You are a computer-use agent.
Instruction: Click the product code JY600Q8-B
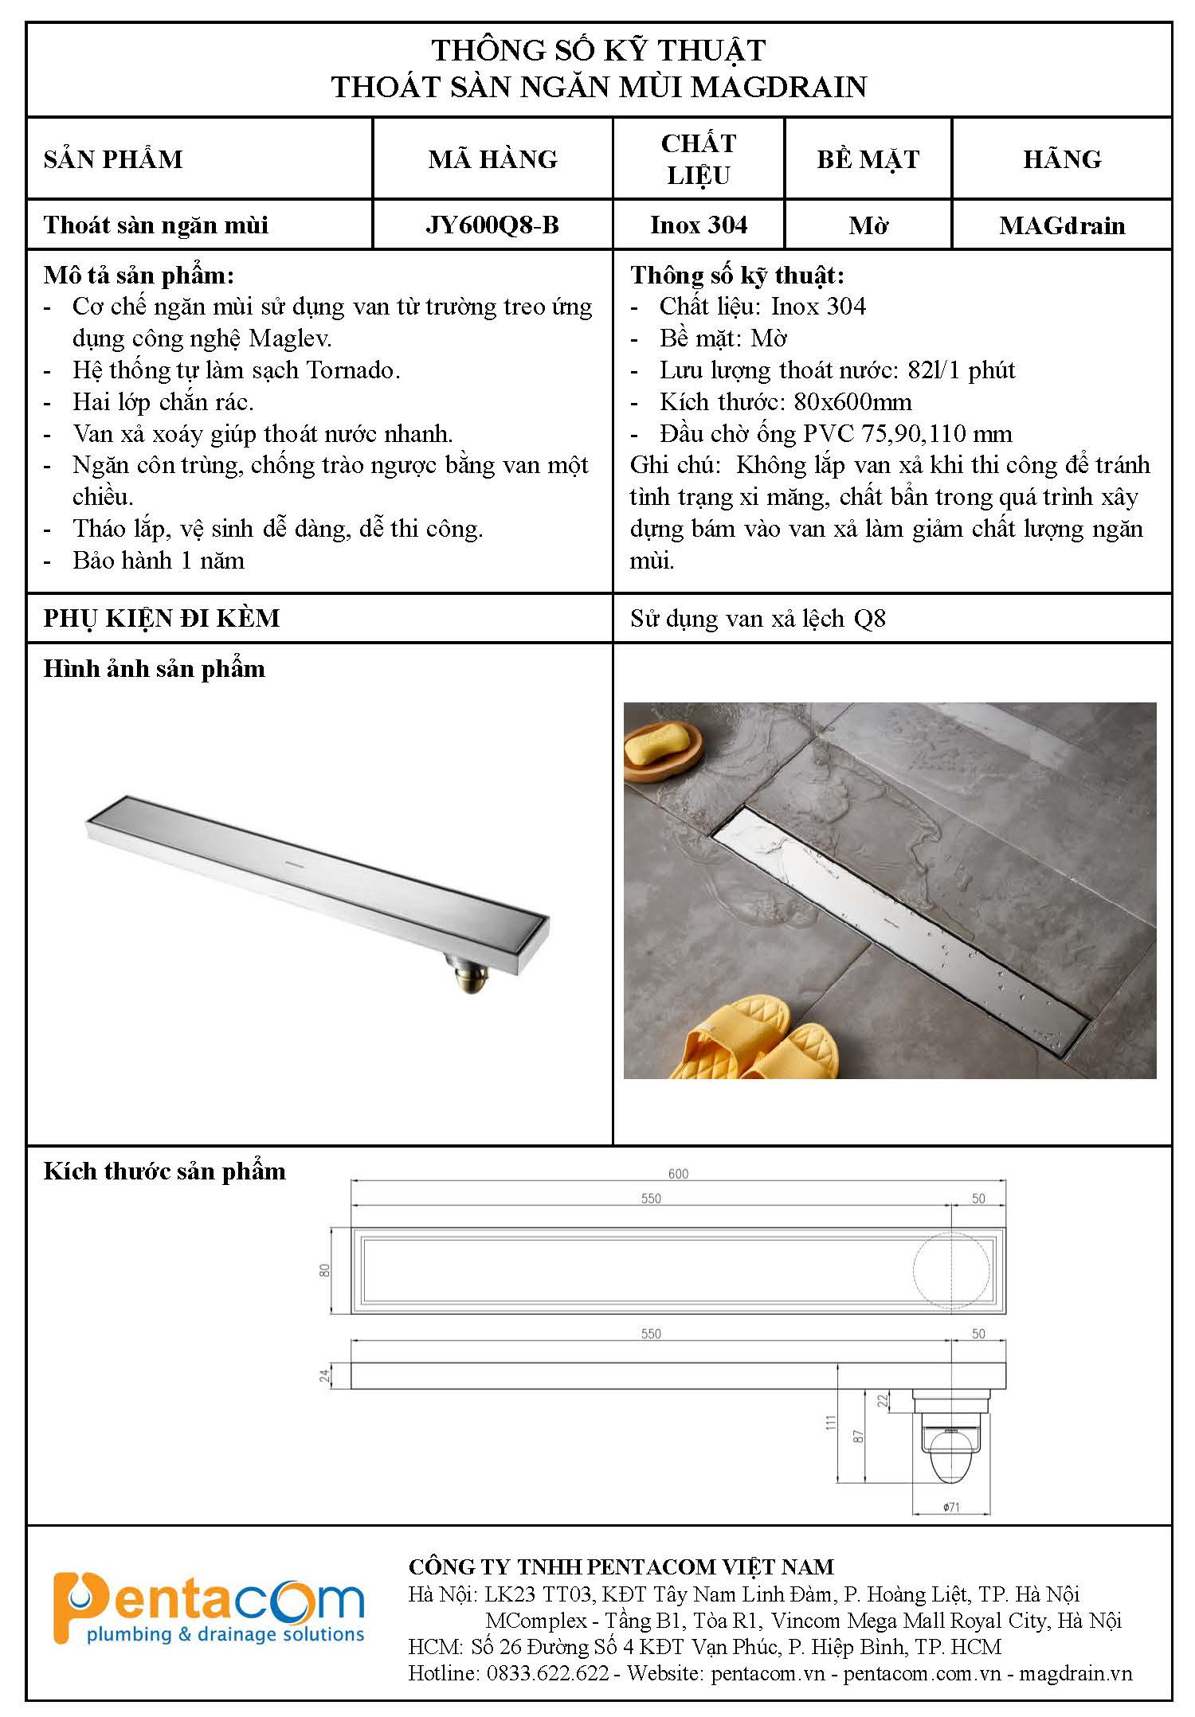coord(492,225)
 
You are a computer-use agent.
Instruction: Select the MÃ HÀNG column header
coord(492,159)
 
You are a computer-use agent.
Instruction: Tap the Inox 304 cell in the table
coord(699,225)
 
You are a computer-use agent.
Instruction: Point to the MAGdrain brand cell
coord(1062,226)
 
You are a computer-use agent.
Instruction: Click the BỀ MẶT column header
coord(868,159)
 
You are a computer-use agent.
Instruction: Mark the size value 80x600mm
coord(852,402)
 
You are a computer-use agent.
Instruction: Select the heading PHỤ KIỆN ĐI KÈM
coord(162,619)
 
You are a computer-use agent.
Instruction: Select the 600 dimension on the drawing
coord(678,1174)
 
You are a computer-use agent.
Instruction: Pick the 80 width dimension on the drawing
coord(325,1271)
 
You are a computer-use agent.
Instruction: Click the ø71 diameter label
coord(951,1508)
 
